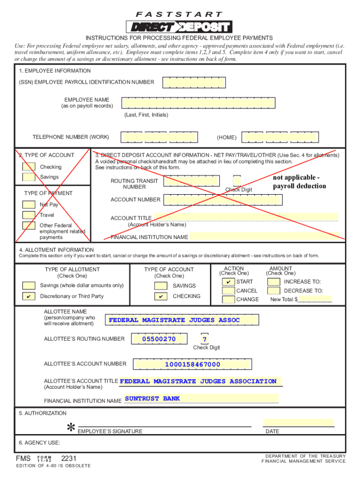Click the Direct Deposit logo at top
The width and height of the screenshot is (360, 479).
(179, 27)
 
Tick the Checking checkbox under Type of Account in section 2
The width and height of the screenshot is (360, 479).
(29, 167)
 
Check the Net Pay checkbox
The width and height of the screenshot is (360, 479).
(29, 204)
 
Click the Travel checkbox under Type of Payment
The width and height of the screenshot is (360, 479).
(29, 215)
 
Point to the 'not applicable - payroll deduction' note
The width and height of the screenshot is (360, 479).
(300, 182)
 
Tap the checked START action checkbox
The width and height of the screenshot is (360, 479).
(228, 282)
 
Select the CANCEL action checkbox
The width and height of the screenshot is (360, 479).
(228, 291)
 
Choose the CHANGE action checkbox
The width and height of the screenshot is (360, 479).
(228, 299)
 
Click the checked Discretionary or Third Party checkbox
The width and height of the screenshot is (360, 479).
(29, 297)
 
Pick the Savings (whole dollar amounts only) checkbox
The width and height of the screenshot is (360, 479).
(29, 286)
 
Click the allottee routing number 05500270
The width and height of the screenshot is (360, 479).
(159, 339)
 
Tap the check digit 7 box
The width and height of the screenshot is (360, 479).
(205, 339)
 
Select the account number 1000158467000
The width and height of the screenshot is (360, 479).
(192, 364)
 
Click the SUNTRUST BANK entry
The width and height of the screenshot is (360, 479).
(152, 399)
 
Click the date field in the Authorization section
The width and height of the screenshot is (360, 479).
(298, 422)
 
